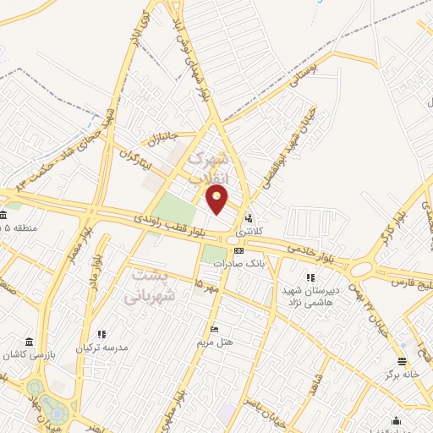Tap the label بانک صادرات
(234, 264)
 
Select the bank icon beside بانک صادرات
(238, 250)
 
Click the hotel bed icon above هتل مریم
(214, 329)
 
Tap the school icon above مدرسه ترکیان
(101, 335)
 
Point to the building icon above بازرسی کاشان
(30, 343)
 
